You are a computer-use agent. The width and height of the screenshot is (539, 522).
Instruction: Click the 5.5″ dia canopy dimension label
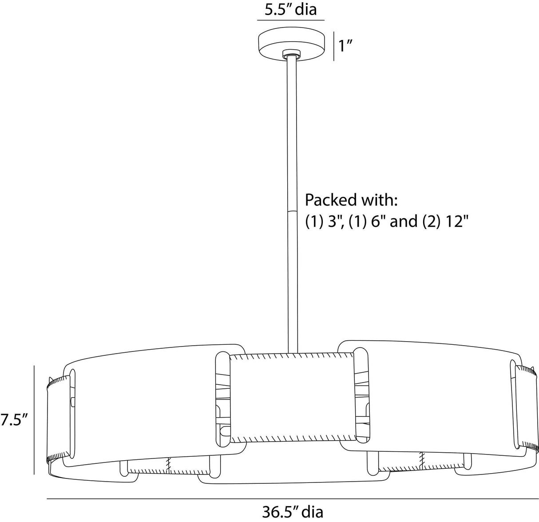click(x=290, y=9)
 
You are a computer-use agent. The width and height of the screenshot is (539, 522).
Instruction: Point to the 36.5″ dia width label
click(x=293, y=512)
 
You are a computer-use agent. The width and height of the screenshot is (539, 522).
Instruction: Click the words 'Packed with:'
click(x=351, y=200)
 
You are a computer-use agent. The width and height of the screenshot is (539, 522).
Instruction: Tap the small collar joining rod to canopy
click(x=291, y=54)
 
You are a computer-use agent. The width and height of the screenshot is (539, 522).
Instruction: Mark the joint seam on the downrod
click(x=293, y=211)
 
